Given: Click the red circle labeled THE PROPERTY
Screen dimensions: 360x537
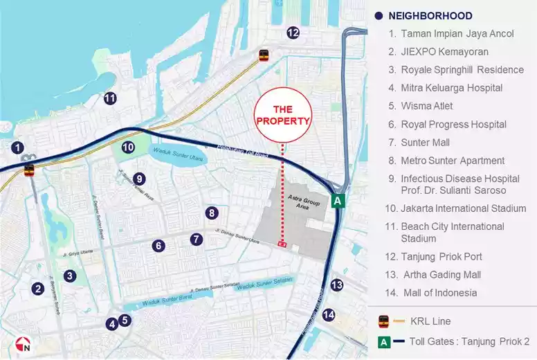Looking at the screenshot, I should pos(282,116).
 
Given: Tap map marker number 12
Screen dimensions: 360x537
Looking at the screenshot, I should pos(293,33).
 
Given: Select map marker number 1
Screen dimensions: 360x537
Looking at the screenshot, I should pos(18,147).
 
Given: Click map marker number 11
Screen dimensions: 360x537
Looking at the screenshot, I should pos(109,98).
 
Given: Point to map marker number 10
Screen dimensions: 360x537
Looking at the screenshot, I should pos(128,147).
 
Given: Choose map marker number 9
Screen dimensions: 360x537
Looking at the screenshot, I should pos(139,178).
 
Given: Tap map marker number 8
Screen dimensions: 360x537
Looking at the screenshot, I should pos(212,213).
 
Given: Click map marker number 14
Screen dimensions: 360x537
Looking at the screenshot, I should pos(329,315).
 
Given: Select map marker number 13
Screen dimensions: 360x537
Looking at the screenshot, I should pos(337,285).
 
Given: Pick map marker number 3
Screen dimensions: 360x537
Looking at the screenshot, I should pos(70,276).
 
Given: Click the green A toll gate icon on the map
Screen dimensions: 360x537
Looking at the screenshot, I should pos(337,201).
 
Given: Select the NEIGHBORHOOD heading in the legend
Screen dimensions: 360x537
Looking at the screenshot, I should pos(430,16).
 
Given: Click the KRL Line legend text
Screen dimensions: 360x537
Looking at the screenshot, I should pos(430,321).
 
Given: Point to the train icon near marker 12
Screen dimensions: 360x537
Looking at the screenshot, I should pos(264,55).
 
